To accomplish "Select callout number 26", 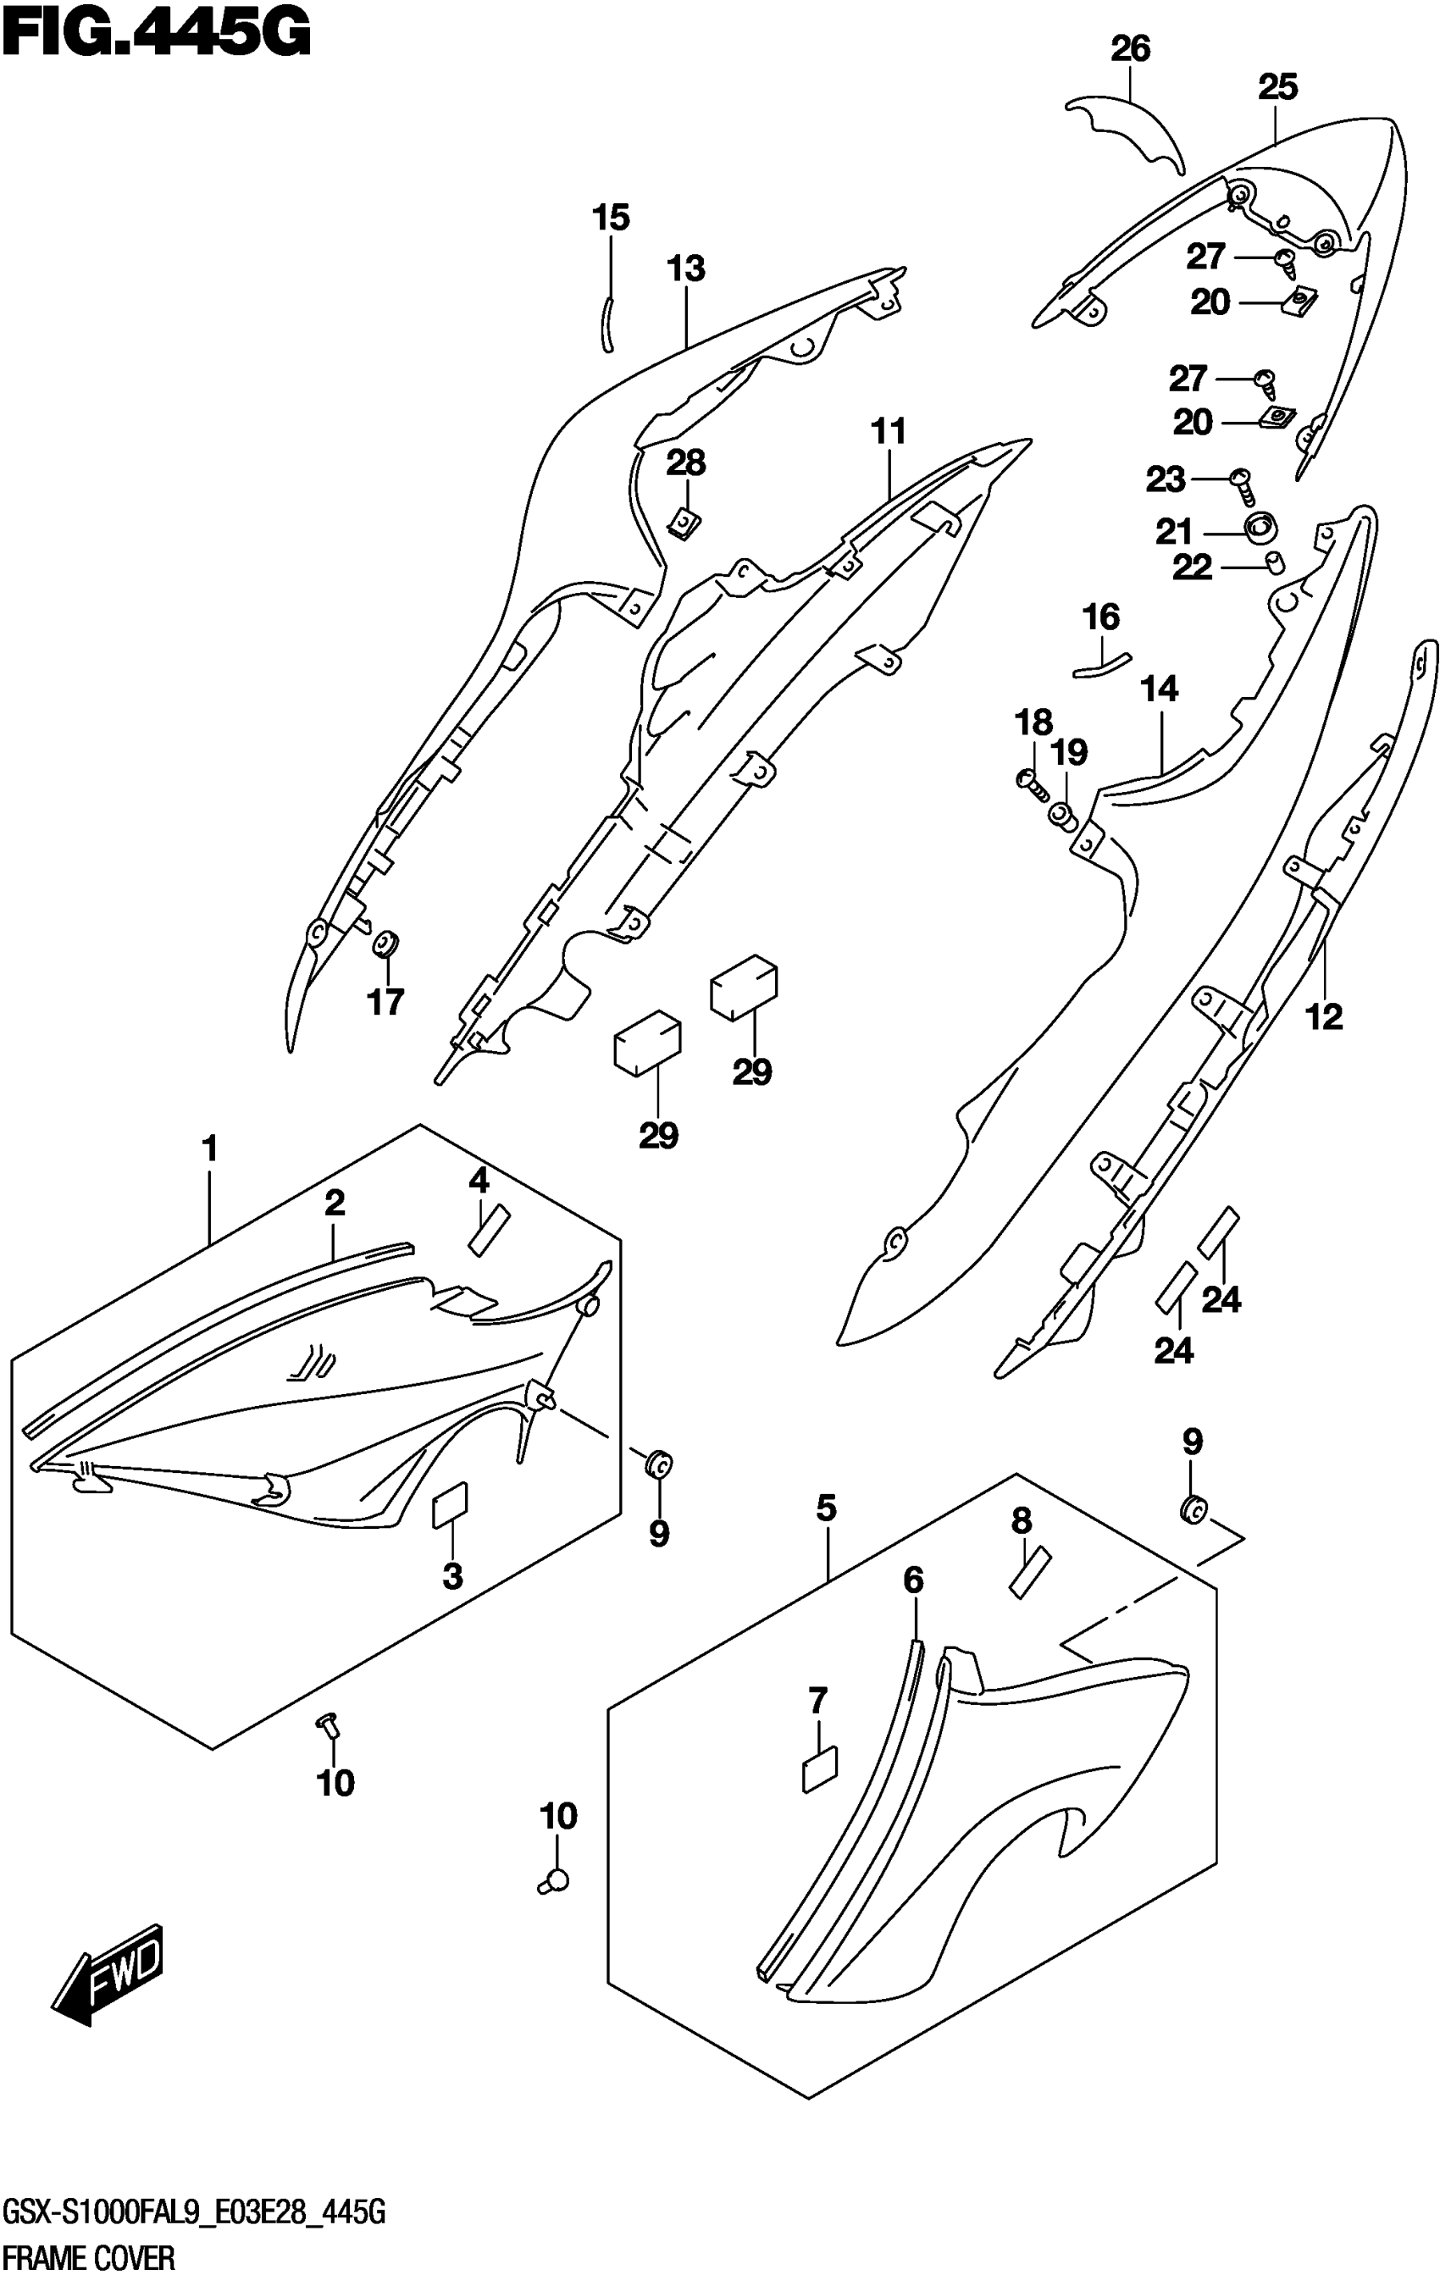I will click(1131, 49).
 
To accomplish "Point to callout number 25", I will click(1277, 87).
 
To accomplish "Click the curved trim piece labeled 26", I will click(1130, 128).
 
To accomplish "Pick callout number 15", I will click(611, 219).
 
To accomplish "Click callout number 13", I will click(685, 268).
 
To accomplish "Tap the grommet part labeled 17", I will click(385, 944).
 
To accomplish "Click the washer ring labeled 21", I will click(1261, 524).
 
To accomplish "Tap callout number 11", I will click(889, 432).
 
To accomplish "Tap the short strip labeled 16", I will click(1101, 666).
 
